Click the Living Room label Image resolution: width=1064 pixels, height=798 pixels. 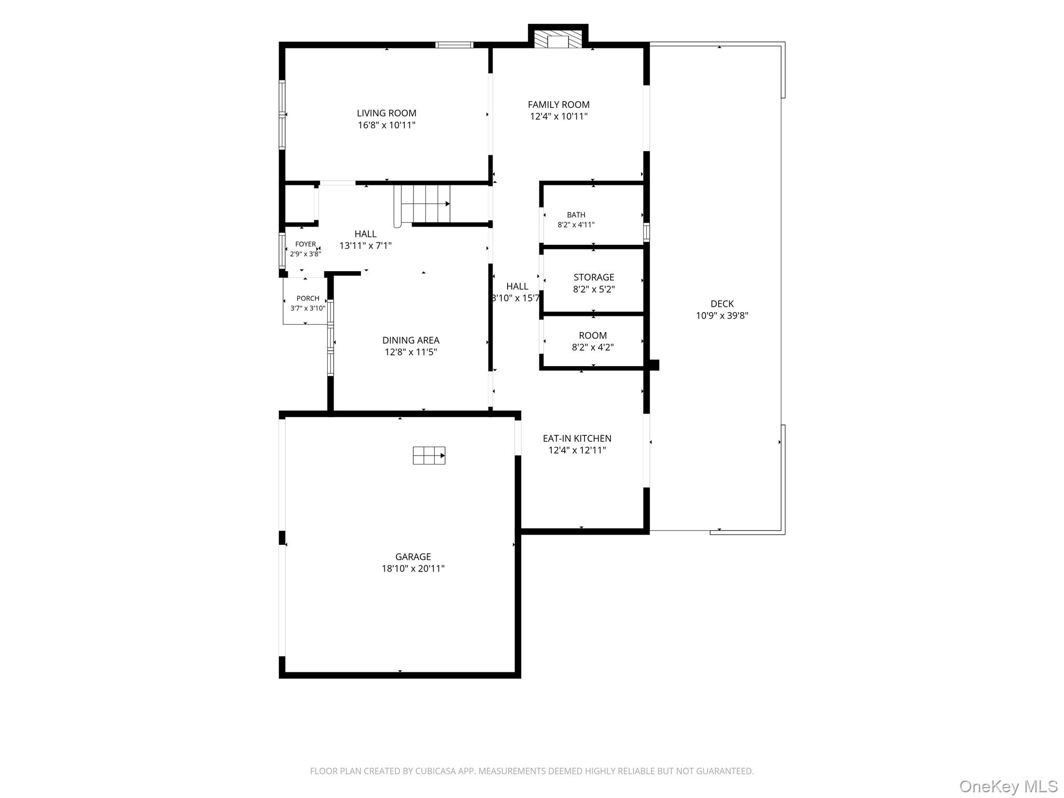(x=387, y=113)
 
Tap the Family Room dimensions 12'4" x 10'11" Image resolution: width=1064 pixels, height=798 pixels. (x=558, y=116)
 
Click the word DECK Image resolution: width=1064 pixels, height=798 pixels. (x=722, y=304)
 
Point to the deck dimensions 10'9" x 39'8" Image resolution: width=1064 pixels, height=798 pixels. (x=722, y=315)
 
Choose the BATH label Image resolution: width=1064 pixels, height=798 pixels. (x=576, y=215)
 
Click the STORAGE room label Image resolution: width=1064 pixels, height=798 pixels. (x=594, y=277)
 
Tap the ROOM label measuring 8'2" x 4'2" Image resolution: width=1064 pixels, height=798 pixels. (x=593, y=336)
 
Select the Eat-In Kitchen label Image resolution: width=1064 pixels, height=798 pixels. (x=577, y=438)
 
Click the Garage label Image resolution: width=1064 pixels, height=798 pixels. (x=413, y=557)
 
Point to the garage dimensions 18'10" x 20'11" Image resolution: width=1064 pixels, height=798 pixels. (x=413, y=568)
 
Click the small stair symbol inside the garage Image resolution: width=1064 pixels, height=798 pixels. (x=429, y=455)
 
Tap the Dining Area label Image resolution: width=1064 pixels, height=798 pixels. (x=411, y=340)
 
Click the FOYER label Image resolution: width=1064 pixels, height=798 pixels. (x=305, y=244)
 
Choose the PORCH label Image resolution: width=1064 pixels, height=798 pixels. (x=308, y=298)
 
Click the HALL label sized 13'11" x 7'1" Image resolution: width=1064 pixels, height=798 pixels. (x=366, y=234)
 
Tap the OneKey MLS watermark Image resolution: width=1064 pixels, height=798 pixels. (x=1008, y=787)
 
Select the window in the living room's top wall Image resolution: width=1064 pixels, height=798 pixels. (x=454, y=45)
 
